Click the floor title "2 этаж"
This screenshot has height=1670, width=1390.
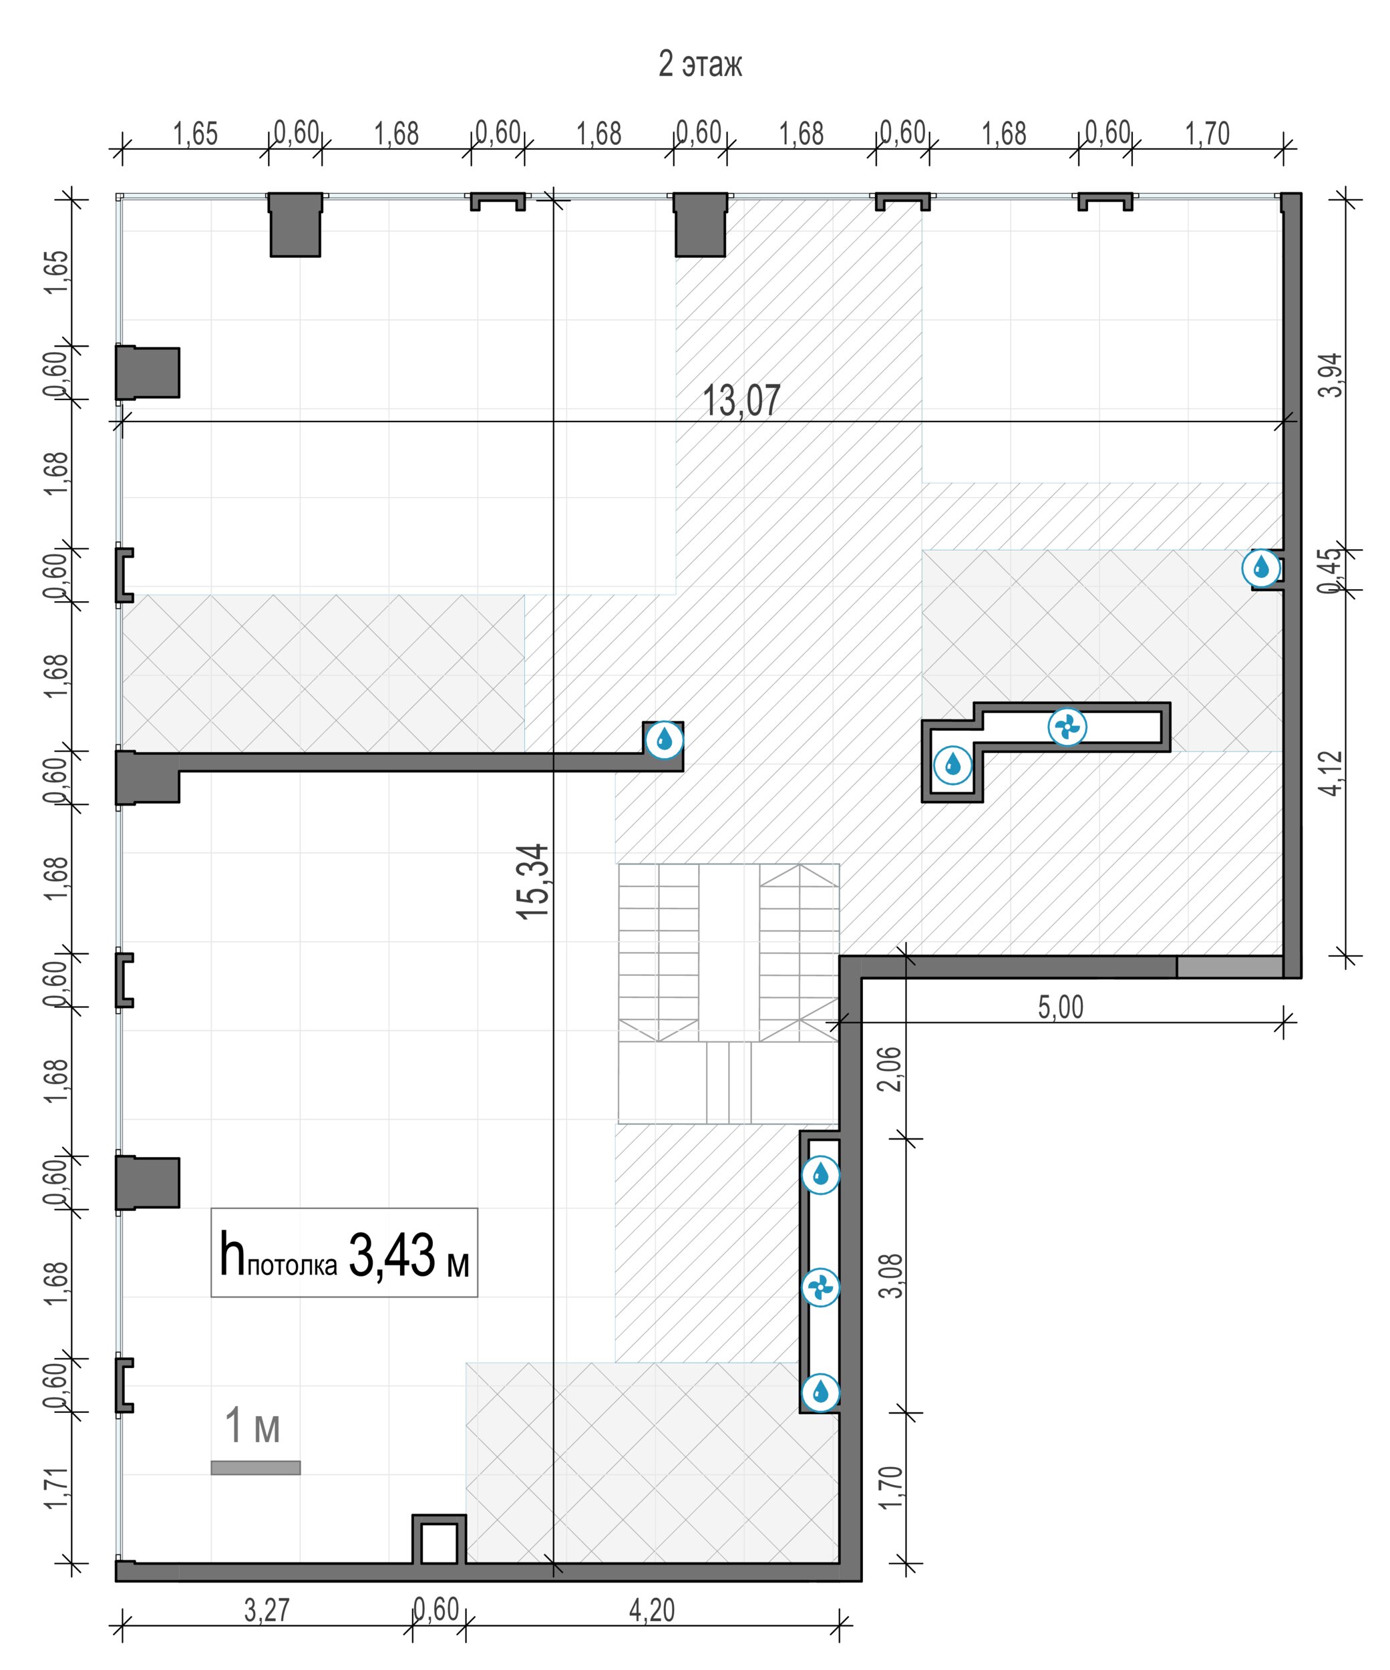(700, 64)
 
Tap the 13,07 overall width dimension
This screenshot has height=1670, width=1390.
(741, 400)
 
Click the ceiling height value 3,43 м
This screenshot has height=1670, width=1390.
(409, 1256)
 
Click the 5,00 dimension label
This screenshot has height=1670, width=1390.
(1060, 1007)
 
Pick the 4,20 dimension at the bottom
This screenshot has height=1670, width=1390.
(651, 1611)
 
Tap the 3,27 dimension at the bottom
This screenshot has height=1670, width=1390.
(267, 1611)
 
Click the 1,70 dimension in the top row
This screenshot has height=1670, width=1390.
(1207, 134)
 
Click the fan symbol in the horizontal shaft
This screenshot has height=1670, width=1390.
(1067, 727)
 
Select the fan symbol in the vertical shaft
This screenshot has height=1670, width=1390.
(820, 1287)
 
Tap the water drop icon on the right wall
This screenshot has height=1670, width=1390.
(1261, 568)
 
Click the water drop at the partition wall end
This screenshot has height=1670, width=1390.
(663, 740)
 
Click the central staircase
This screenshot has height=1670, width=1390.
(729, 993)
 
